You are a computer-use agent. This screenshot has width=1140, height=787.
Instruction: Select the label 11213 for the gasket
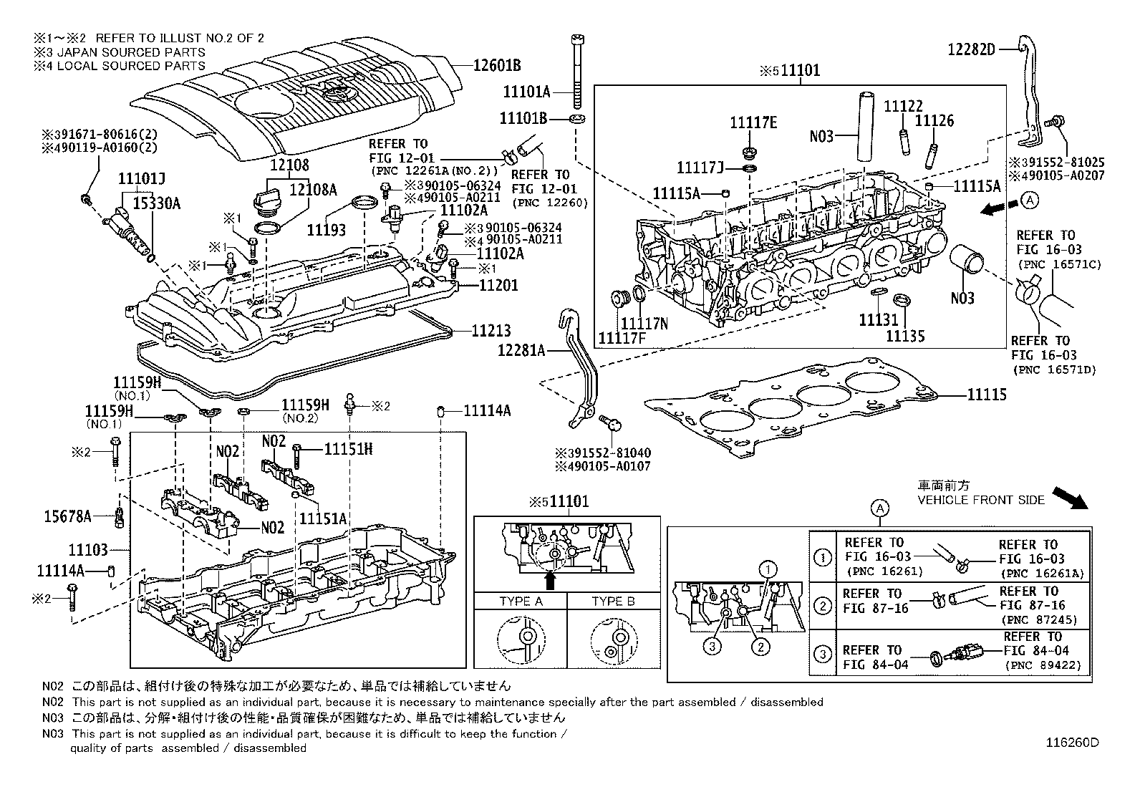(x=491, y=331)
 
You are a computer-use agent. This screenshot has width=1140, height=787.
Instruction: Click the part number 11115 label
(x=986, y=395)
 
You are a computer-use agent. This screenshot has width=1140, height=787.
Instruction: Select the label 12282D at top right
(x=971, y=49)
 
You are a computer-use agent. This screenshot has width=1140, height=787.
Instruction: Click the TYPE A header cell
(x=521, y=601)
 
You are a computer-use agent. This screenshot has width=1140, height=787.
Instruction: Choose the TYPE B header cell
(x=613, y=601)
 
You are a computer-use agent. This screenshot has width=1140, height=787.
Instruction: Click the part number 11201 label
(x=498, y=286)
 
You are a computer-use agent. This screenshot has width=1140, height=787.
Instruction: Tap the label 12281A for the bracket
(x=521, y=350)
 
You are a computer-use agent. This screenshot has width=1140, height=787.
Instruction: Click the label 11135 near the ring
(x=905, y=335)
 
